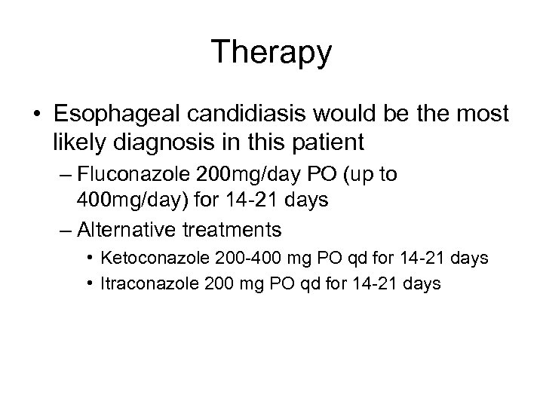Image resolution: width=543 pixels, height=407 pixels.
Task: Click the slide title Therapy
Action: (271, 53)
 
